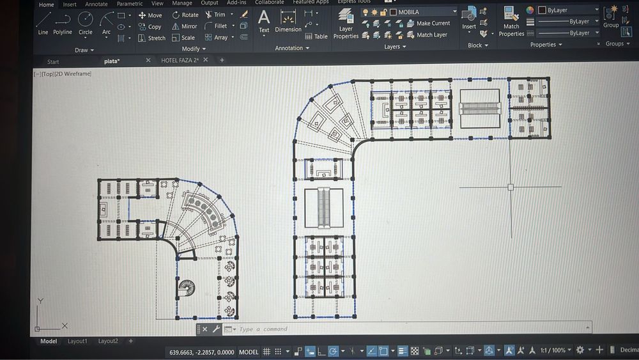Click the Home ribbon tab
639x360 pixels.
(47, 4)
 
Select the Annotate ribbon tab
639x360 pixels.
(96, 4)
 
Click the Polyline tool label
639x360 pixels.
(63, 32)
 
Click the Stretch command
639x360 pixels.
(151, 38)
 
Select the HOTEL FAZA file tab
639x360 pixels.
(180, 60)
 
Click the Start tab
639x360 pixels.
(53, 62)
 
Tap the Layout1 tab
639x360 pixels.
(77, 341)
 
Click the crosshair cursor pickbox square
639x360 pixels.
(511, 187)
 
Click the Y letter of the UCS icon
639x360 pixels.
(40, 301)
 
